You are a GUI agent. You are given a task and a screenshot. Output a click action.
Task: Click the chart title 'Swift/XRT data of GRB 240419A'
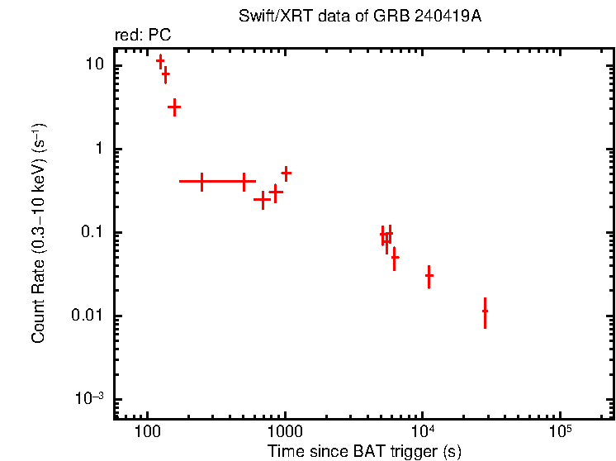(359, 17)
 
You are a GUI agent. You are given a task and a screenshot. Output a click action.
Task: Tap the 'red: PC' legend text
(142, 36)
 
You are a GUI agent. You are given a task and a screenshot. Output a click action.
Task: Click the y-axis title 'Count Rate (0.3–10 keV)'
(39, 234)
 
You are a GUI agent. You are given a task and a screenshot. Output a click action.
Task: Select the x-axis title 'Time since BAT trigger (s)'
(364, 451)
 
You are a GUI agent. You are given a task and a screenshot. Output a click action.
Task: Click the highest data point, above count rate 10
(160, 60)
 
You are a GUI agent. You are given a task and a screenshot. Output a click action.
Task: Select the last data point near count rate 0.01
(485, 311)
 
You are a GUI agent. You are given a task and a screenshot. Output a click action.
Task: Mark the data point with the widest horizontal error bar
(202, 181)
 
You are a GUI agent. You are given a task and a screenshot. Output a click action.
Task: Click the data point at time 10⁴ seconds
(429, 276)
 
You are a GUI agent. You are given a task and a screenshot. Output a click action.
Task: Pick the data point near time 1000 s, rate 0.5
(286, 173)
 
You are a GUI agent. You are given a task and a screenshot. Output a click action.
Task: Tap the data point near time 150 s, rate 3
(174, 107)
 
